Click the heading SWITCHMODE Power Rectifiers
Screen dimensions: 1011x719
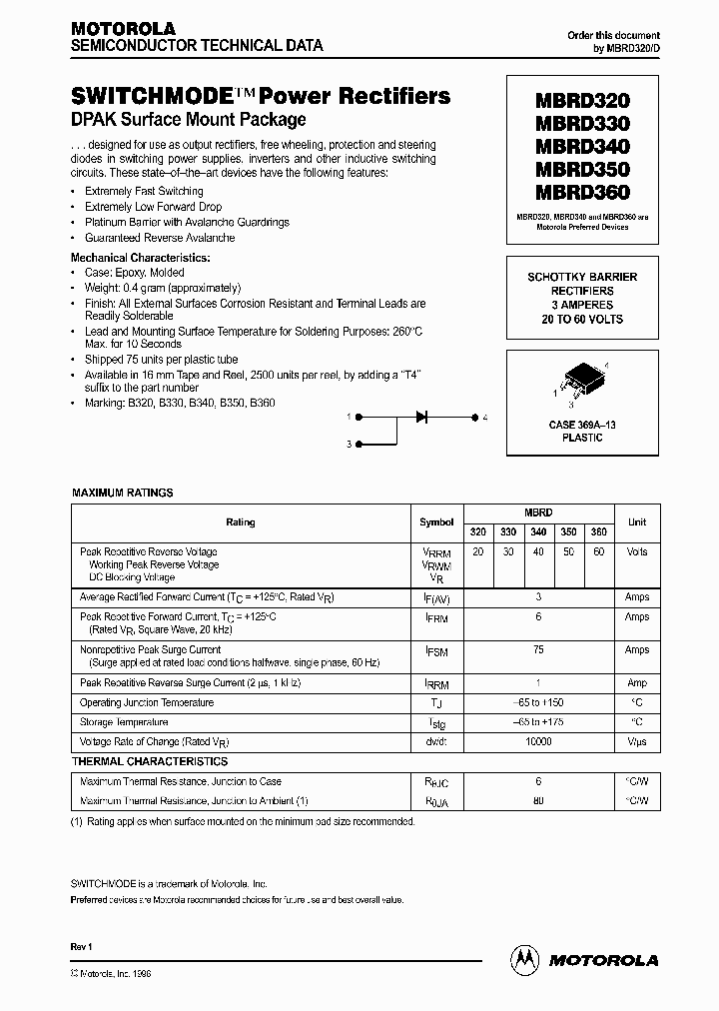tap(261, 97)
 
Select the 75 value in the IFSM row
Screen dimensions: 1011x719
tap(538, 649)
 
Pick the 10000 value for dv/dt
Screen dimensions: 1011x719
tap(538, 741)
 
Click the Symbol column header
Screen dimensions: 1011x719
tap(436, 521)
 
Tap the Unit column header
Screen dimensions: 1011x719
tap(637, 521)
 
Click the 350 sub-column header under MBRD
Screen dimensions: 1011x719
tap(568, 532)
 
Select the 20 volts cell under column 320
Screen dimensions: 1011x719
tap(477, 551)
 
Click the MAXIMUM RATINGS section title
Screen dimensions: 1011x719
tap(123, 493)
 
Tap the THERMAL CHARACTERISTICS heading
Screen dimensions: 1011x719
tap(150, 761)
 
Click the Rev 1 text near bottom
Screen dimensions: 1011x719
tap(81, 945)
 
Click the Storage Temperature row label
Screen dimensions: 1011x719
tap(125, 721)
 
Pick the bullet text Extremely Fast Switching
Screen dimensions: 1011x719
tap(144, 191)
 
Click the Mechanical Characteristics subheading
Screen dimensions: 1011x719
tap(141, 257)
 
